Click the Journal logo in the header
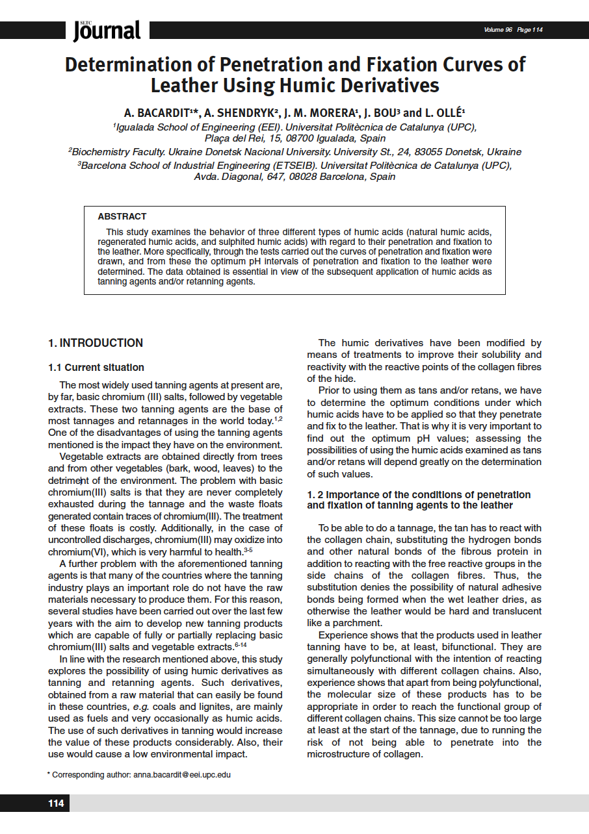tap(107, 31)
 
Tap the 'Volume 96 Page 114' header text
tap(513, 30)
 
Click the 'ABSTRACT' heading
tap(122, 216)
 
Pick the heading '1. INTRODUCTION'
tap(96, 343)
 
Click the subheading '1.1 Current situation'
tap(96, 368)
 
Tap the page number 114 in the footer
tap(56, 803)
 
